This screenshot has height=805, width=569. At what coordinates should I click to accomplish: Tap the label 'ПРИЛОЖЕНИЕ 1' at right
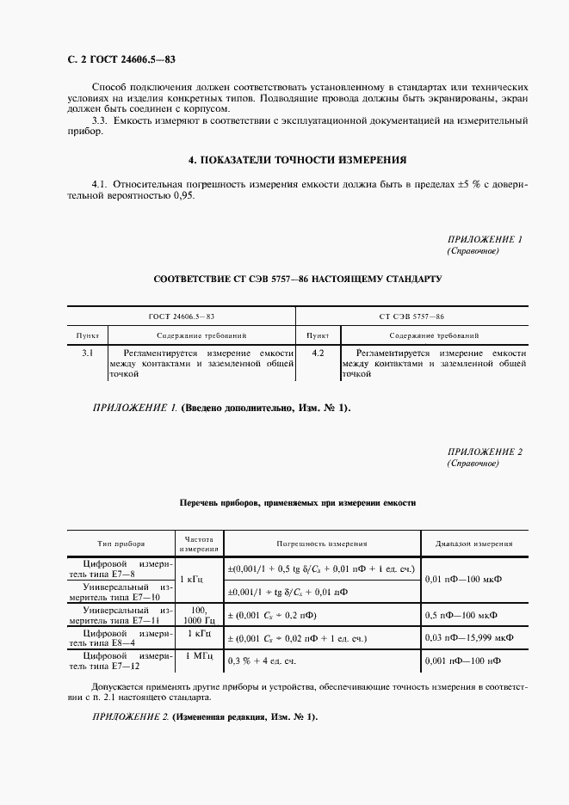(x=485, y=239)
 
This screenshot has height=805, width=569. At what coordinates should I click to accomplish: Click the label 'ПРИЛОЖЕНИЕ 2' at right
(x=485, y=452)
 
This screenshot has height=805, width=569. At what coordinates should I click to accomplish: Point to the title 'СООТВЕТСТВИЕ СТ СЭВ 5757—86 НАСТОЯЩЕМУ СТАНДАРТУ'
(x=298, y=280)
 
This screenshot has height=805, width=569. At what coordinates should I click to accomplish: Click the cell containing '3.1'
(x=88, y=353)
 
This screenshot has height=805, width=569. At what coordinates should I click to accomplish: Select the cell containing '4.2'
(x=318, y=353)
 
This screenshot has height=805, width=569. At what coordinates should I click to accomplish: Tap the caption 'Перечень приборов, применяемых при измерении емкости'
(x=298, y=502)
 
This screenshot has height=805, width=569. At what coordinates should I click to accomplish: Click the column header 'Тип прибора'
(x=121, y=544)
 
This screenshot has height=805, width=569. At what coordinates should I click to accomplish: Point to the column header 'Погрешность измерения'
(x=322, y=544)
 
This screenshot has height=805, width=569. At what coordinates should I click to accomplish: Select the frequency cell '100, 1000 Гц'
(x=199, y=614)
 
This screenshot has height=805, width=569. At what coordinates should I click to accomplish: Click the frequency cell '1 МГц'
(x=199, y=655)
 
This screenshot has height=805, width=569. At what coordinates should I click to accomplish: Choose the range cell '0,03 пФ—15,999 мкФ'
(x=470, y=638)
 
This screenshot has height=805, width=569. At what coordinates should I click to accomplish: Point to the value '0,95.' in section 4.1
(x=182, y=196)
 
